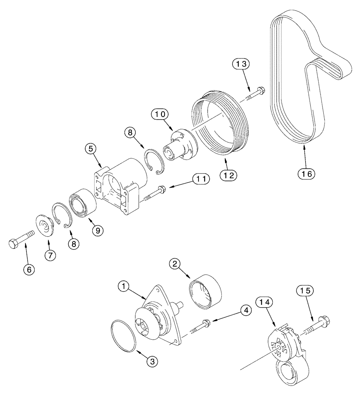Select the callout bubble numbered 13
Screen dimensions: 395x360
click(241, 64)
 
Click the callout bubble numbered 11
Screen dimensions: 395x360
click(201, 179)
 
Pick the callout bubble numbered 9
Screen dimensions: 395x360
click(98, 230)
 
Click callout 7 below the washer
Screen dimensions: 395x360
click(50, 255)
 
